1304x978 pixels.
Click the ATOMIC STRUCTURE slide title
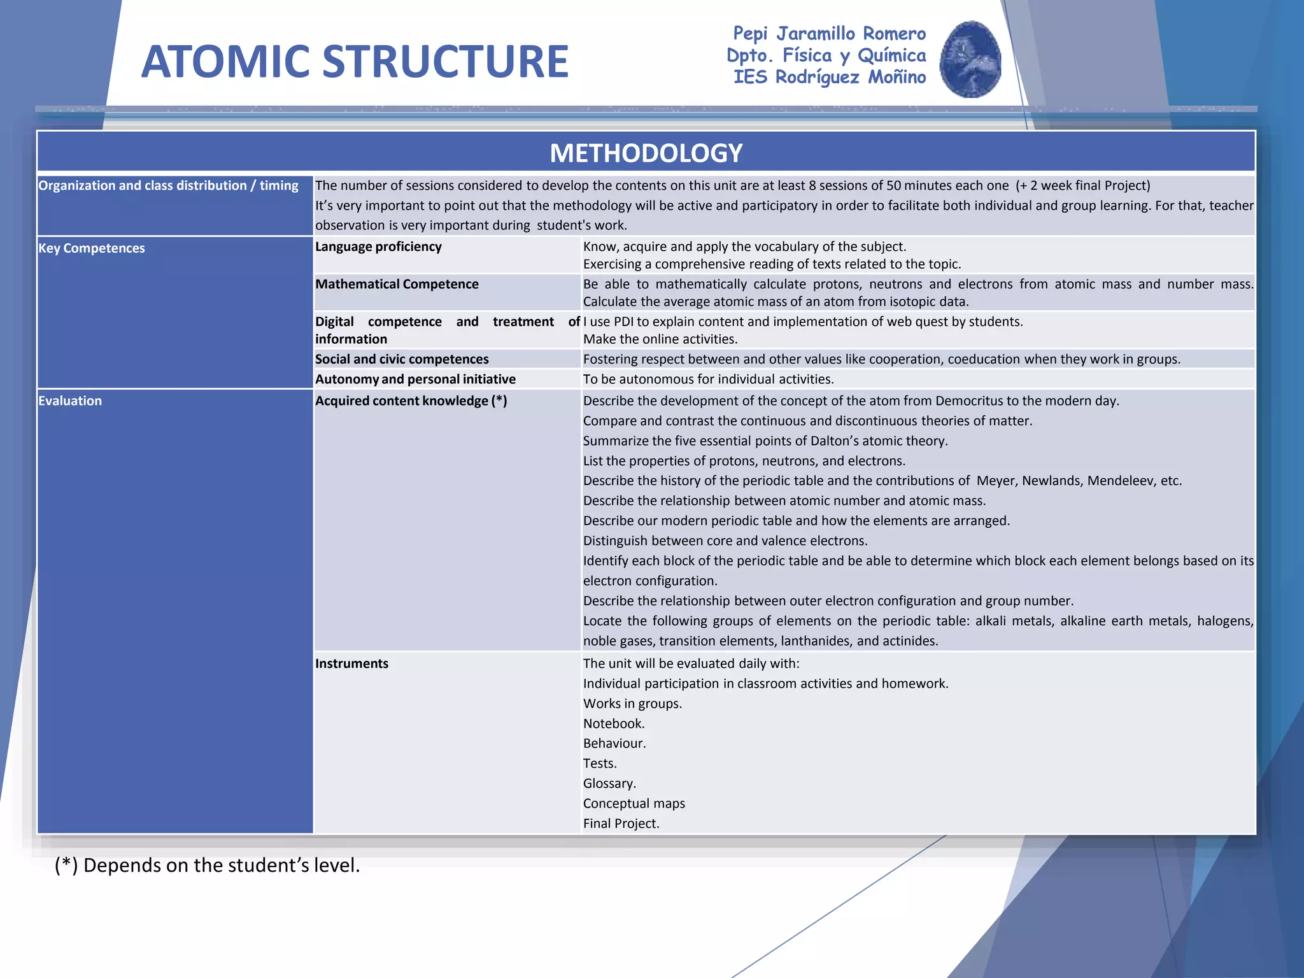click(x=355, y=62)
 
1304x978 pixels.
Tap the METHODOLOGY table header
click(x=646, y=153)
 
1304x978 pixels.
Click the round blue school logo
click(x=970, y=59)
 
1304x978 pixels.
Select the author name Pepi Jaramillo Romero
click(x=829, y=33)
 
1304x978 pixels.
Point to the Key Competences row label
click(x=92, y=248)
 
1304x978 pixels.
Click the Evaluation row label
click(x=70, y=400)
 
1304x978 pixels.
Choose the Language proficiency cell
click(x=378, y=246)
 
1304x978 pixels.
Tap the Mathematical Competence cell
click(x=397, y=284)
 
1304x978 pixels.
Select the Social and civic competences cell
click(x=402, y=359)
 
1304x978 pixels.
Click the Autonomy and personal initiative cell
click(x=415, y=379)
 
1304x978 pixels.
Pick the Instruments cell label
click(x=351, y=663)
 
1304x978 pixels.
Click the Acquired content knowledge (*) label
click(x=411, y=400)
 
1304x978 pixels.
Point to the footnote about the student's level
click(x=207, y=865)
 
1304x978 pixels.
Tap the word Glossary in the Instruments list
click(x=609, y=783)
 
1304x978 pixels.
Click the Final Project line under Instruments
click(x=621, y=823)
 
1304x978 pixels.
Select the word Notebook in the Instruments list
click(x=614, y=723)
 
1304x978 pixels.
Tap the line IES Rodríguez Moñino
click(x=829, y=77)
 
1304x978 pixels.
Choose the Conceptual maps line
click(x=634, y=804)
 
